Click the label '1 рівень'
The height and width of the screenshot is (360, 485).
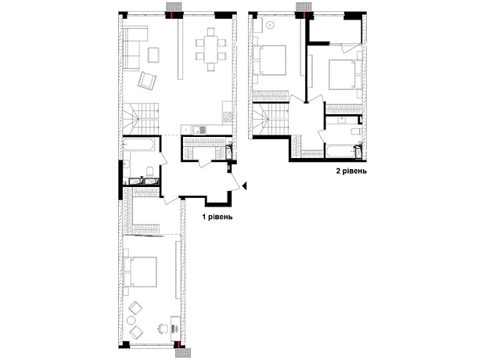pos(217,217)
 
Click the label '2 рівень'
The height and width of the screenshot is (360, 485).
pos(351,171)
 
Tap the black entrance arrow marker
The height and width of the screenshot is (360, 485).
pos(244,185)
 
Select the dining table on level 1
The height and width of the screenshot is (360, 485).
pos(210,49)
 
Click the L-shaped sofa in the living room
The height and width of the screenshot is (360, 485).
pos(131,48)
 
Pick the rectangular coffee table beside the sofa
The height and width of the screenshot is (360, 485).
pos(154,55)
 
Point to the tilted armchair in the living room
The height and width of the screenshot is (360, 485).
pos(146,81)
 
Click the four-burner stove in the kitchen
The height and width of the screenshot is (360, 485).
pos(228,117)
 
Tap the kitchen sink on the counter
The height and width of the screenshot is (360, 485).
pos(199,131)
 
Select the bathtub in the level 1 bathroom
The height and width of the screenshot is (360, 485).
pos(138,144)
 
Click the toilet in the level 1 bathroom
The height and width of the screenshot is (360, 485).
pos(150,171)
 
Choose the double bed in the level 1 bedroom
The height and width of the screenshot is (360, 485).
pos(140,272)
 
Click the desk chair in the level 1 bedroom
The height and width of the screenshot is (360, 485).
pos(163,329)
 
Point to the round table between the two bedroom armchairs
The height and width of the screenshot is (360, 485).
pos(131,320)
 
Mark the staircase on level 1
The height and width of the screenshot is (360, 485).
pos(141,118)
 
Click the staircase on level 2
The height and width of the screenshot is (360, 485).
pos(271,119)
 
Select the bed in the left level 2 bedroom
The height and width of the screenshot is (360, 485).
pos(269,60)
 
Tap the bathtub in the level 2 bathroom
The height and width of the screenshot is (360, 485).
pos(339,152)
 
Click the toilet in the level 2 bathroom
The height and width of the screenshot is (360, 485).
pos(356,131)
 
